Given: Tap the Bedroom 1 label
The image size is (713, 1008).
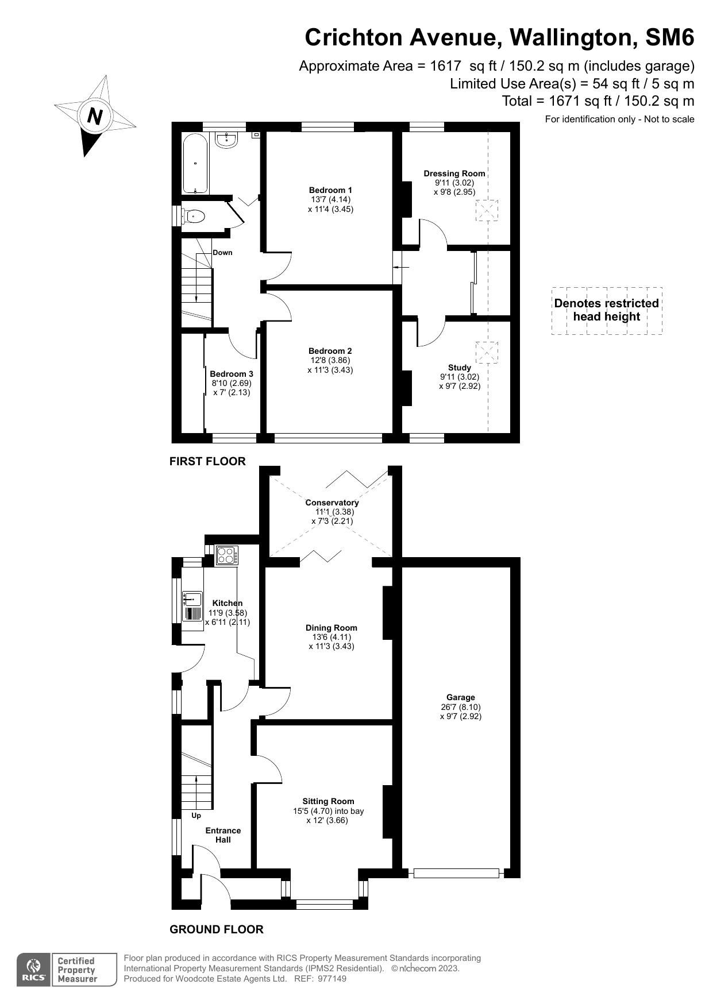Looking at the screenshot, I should pos(330,190).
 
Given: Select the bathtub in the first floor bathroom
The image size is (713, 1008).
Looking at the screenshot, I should pos(195,163).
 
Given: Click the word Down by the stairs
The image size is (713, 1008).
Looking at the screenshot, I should pos(222,253).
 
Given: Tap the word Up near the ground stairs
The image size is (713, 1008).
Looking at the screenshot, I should pos(196,816).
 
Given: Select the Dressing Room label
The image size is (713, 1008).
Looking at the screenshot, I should pos(454,173).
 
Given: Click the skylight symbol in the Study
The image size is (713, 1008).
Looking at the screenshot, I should pos(487,352).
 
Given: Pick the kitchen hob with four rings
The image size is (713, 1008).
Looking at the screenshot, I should pos(226,555).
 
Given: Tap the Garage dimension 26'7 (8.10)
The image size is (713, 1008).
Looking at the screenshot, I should pos(461,707).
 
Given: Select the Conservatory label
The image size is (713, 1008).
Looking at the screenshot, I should pos(332,503).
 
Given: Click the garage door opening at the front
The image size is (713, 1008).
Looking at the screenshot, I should pos(456,873).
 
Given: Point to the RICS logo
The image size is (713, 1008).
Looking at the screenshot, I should pos(33,970).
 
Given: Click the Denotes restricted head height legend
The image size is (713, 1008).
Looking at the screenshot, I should pos(606,310).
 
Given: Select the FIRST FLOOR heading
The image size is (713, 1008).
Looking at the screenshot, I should pos(207,461).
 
